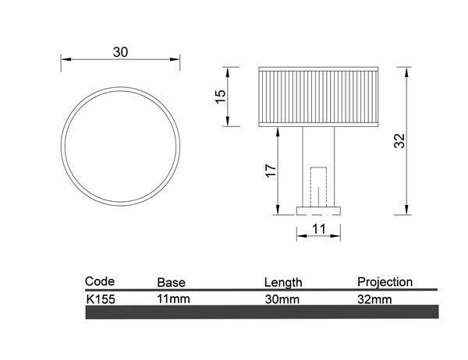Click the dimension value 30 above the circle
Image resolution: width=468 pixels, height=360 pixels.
120,52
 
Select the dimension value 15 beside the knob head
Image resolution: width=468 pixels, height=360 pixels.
220,96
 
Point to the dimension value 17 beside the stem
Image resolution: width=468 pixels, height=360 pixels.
270,171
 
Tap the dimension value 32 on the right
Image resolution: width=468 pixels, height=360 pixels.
399,140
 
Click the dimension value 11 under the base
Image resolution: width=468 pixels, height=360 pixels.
317,228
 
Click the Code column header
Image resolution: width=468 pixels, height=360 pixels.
100,281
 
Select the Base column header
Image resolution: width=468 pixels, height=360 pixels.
171,282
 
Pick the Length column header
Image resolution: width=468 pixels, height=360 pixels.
283,282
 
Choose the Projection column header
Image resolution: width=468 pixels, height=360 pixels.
385,281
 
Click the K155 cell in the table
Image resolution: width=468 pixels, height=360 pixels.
101,298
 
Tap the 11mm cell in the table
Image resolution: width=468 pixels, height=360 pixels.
173,298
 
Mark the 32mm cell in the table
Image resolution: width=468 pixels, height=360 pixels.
374,298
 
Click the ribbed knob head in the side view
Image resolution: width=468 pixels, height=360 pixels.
319,97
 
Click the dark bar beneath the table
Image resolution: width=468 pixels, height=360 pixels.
261,312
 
